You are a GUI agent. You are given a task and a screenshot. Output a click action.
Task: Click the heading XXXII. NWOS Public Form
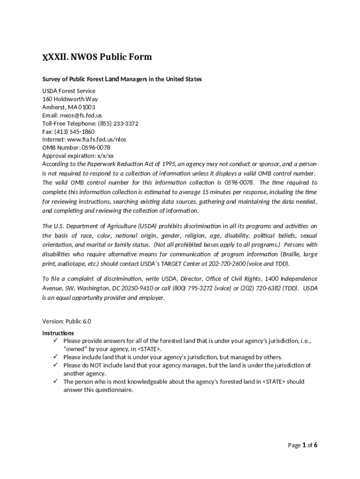[97, 57]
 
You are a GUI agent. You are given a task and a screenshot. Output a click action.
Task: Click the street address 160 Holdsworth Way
[70, 99]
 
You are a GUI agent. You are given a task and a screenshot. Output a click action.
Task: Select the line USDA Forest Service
[69, 91]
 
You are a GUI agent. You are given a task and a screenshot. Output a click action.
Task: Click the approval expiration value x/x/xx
[105, 156]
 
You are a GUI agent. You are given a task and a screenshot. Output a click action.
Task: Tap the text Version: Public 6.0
[67, 321]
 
